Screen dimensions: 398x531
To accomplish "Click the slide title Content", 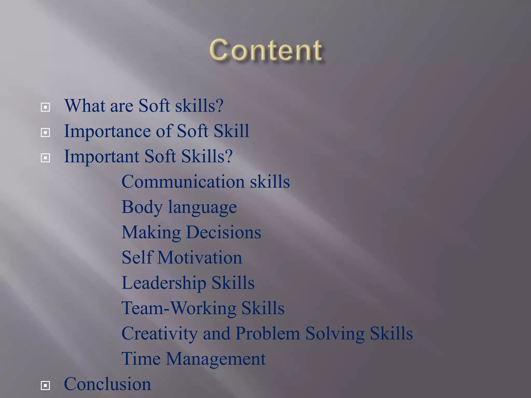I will (266, 50).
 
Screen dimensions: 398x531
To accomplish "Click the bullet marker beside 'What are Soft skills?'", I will (45, 107).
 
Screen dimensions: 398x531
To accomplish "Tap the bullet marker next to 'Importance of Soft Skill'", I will (45, 132).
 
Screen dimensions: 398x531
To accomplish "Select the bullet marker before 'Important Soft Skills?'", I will (45, 158).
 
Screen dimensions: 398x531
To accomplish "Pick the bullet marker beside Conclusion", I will (45, 385).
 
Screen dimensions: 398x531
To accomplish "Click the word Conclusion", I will (107, 384).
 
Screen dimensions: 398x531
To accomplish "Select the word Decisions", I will (223, 232).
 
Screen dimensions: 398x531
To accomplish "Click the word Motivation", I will (200, 258).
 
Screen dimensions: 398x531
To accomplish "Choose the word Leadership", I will (164, 283).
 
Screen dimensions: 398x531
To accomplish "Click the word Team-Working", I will (179, 308).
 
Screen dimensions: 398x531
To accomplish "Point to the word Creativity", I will (159, 333).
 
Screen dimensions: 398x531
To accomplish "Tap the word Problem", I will (268, 333).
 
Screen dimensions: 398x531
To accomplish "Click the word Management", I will (216, 359).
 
